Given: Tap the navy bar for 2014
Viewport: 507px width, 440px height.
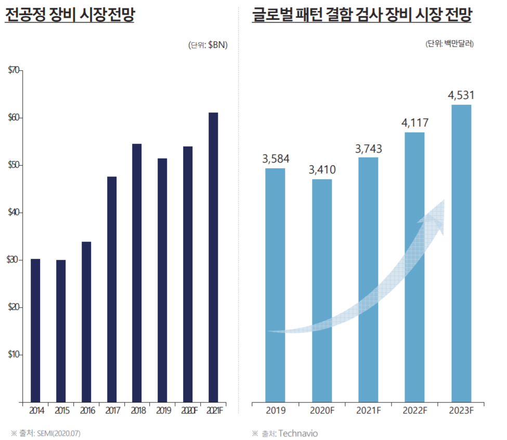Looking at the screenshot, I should click(x=35, y=330).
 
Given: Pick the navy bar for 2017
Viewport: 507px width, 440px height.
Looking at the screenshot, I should click(x=112, y=289).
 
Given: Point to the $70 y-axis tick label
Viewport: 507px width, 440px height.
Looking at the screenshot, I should click(x=14, y=70).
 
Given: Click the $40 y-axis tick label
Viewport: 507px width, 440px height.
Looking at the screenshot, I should click(x=14, y=212).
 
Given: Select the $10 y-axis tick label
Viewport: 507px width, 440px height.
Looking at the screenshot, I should click(x=14, y=355).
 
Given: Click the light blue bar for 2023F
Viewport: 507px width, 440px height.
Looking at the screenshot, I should click(x=461, y=253).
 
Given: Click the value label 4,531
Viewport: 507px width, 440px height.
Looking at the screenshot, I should click(x=461, y=95).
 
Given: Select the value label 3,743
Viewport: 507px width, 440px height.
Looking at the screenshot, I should click(x=369, y=148).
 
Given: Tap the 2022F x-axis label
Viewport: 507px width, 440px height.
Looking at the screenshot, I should click(x=414, y=410).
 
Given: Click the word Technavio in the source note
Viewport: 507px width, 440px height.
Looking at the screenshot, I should click(x=297, y=433).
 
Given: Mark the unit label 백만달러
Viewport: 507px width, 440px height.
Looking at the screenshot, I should click(x=457, y=44).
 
